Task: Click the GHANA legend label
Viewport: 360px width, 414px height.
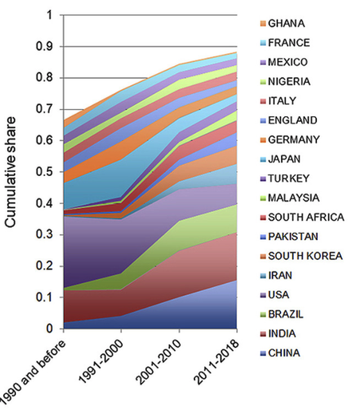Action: pyautogui.click(x=286, y=24)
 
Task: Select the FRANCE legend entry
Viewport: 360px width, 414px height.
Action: pyautogui.click(x=289, y=43)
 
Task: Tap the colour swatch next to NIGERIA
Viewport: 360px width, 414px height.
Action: pyautogui.click(x=263, y=82)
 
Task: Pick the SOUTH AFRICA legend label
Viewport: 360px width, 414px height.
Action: pyautogui.click(x=306, y=218)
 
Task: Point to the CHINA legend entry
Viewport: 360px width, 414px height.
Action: pyautogui.click(x=284, y=353)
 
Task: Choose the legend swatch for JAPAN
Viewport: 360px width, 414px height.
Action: pyautogui.click(x=263, y=159)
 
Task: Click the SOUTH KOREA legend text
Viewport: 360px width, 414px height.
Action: pyautogui.click(x=305, y=256)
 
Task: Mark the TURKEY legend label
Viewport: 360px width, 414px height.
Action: pyautogui.click(x=289, y=178)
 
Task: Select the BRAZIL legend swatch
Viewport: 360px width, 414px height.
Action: pyautogui.click(x=263, y=315)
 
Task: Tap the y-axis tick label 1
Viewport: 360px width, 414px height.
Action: pyautogui.click(x=49, y=15)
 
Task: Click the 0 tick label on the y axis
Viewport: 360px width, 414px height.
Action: pyautogui.click(x=49, y=329)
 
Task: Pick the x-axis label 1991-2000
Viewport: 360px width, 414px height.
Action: pyautogui.click(x=101, y=361)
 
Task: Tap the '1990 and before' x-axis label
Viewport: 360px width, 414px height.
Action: pyautogui.click(x=32, y=375)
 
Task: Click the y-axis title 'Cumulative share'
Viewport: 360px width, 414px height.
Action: pyautogui.click(x=10, y=172)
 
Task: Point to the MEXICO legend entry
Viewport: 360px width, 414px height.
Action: pyautogui.click(x=288, y=62)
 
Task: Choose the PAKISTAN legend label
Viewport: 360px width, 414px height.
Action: pyautogui.click(x=293, y=237)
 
